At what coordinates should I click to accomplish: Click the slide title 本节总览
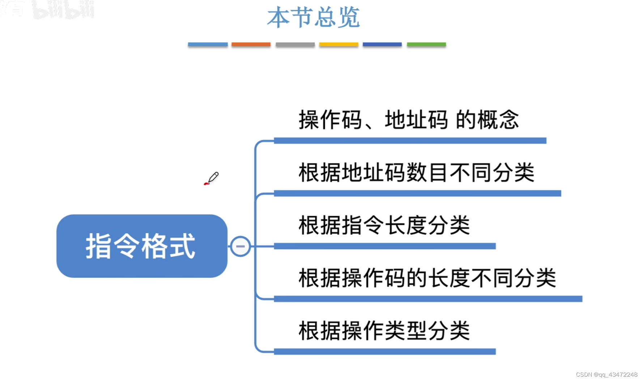[313, 17]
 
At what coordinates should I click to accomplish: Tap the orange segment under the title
[251, 44]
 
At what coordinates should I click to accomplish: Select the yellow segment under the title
[338, 44]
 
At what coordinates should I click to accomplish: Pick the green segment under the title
[426, 44]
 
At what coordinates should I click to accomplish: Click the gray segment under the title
[295, 44]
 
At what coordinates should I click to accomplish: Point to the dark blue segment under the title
[382, 44]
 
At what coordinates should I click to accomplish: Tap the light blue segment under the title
[208, 44]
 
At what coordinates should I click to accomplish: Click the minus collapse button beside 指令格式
[240, 247]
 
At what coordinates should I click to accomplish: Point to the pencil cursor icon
[212, 178]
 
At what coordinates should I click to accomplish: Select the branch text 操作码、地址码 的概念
[409, 120]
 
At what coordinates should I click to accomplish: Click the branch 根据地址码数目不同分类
[416, 172]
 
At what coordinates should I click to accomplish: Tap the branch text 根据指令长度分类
[384, 225]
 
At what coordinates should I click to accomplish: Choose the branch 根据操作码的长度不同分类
[427, 278]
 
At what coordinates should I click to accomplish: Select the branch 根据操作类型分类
[384, 331]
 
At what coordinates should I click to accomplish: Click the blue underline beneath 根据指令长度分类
[384, 246]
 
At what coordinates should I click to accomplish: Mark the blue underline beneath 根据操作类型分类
[384, 352]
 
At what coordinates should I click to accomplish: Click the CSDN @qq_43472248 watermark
[606, 375]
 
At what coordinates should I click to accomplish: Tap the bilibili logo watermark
[63, 9]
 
